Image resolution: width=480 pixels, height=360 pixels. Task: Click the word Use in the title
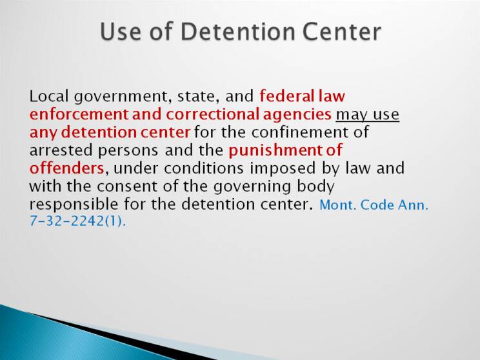pos(120,32)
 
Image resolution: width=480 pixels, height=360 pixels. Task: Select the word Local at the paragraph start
pos(48,96)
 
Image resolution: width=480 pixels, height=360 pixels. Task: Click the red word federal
pos(286,96)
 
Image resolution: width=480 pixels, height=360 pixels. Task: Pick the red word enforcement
pos(79,114)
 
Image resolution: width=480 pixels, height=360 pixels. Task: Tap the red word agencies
pos(297,115)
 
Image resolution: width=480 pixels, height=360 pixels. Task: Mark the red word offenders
pos(66,168)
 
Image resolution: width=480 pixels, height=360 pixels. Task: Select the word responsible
pos(74,205)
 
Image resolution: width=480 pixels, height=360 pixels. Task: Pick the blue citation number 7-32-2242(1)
pos(77,221)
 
